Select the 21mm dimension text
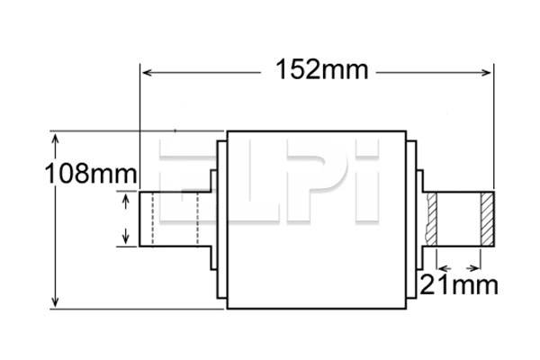tap(459, 287)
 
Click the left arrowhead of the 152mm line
tap(144, 71)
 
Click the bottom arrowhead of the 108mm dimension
tap(57, 303)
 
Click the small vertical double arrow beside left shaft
tap(125, 220)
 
